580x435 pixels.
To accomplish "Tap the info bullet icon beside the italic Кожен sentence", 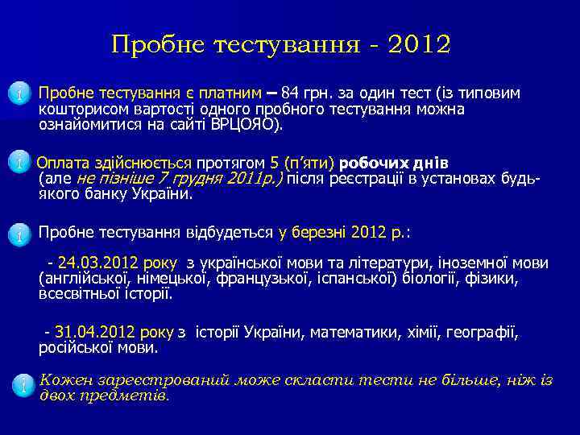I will click(x=20, y=385).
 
